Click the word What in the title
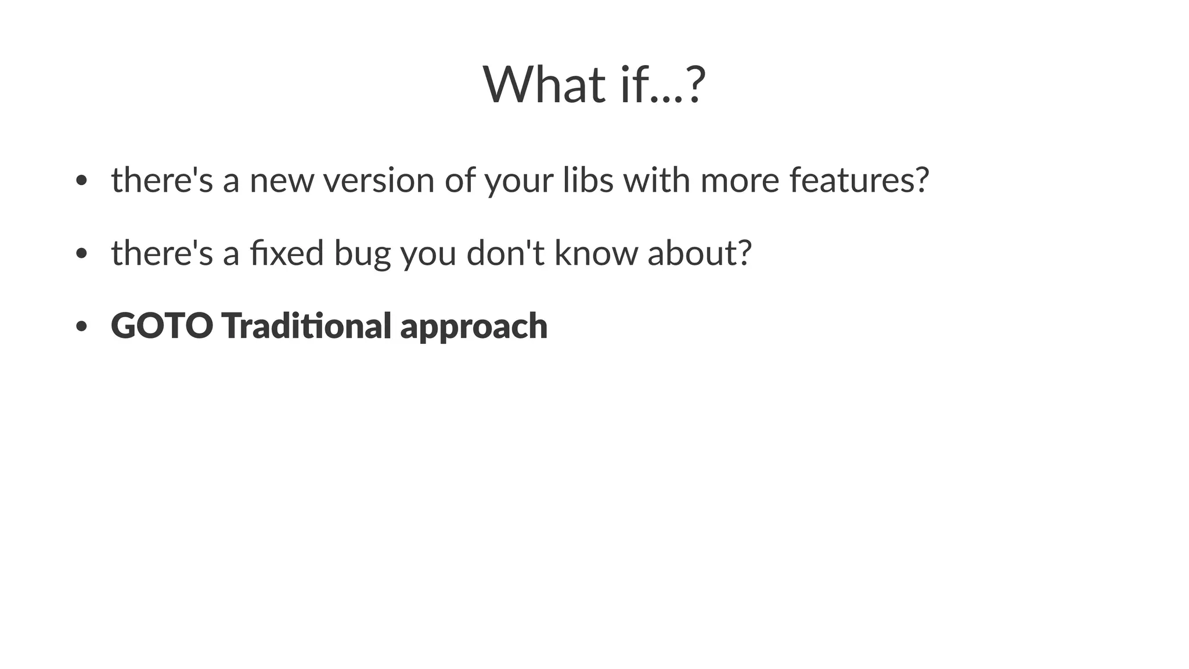(x=543, y=85)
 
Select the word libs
(x=588, y=180)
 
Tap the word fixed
(x=287, y=253)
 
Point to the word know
(x=596, y=253)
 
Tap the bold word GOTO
(x=162, y=326)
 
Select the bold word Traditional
(x=306, y=326)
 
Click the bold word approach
(x=474, y=327)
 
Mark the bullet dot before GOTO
(x=81, y=326)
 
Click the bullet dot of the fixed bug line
(x=81, y=254)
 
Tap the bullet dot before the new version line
(x=81, y=181)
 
